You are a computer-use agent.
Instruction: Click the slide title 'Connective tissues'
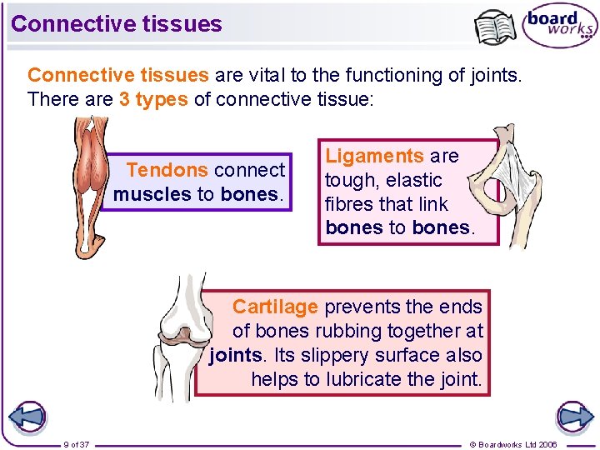[117, 23]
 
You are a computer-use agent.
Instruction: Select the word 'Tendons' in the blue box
[167, 170]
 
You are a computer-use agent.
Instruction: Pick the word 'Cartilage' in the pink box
[275, 307]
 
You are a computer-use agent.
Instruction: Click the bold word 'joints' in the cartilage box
[235, 355]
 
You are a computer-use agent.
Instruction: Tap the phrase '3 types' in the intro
[153, 99]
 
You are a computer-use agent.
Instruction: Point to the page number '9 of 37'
[77, 444]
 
